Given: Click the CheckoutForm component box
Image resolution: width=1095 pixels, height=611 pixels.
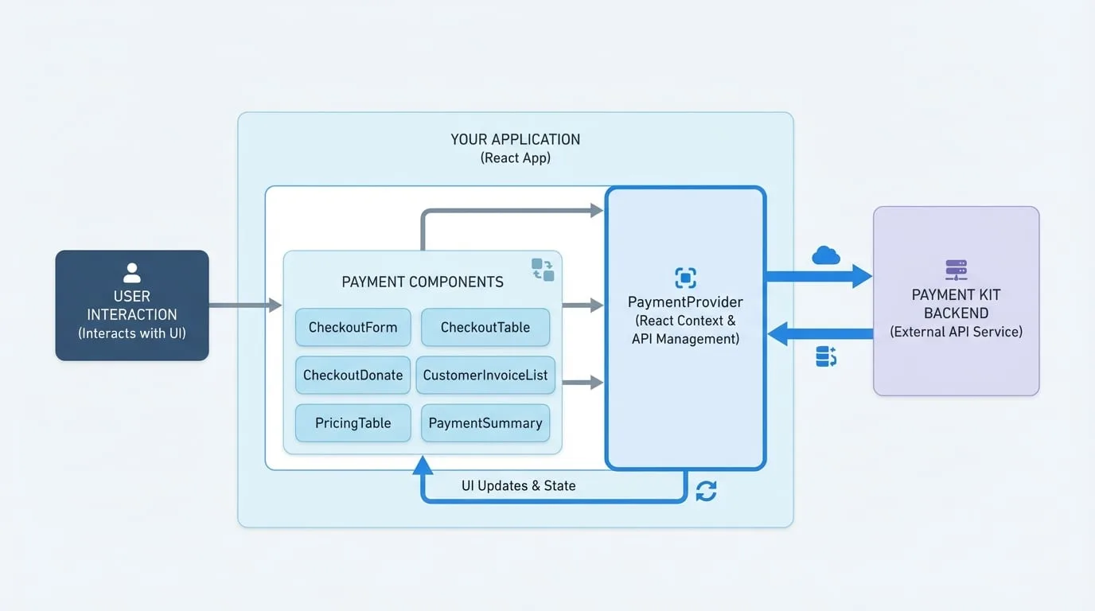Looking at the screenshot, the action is (x=353, y=327).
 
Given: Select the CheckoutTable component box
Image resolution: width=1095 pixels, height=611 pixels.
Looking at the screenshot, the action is (x=485, y=327).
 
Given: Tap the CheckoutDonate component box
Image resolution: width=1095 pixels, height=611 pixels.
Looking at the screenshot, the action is (x=353, y=375).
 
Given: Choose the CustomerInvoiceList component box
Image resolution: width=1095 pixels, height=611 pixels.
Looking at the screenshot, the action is (x=485, y=375).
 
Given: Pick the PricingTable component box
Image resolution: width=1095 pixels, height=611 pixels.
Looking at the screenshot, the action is (x=353, y=422).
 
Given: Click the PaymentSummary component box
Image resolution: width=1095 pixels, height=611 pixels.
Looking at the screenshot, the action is (x=485, y=422).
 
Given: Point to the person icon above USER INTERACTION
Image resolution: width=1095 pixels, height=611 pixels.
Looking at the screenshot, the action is (x=132, y=273).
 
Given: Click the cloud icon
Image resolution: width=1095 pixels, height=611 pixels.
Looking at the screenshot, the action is (x=826, y=255).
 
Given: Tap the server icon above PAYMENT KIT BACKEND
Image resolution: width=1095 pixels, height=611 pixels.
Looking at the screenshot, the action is (x=957, y=270).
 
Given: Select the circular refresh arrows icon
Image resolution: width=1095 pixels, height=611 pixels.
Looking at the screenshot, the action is (x=707, y=491).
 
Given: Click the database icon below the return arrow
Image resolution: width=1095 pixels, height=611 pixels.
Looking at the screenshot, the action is (x=826, y=356).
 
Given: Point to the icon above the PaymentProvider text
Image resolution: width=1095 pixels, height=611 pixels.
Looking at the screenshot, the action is (x=685, y=278).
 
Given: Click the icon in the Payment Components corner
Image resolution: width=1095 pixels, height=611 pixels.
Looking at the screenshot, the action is (x=543, y=270).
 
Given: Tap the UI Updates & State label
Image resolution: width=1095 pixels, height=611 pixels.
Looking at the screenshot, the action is (x=518, y=486).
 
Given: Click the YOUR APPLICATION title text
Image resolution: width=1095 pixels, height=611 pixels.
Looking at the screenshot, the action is (x=515, y=140).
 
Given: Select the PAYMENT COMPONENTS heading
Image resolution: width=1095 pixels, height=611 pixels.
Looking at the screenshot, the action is (x=423, y=282).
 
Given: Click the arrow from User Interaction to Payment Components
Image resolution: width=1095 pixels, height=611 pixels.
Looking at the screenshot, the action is (x=245, y=305).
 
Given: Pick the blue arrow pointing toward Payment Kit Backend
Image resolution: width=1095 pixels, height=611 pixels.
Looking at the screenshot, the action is (x=819, y=276).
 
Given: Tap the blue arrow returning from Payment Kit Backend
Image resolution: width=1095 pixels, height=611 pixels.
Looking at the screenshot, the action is (x=820, y=334).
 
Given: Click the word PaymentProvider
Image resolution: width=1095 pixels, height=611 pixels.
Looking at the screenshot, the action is (x=685, y=302).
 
